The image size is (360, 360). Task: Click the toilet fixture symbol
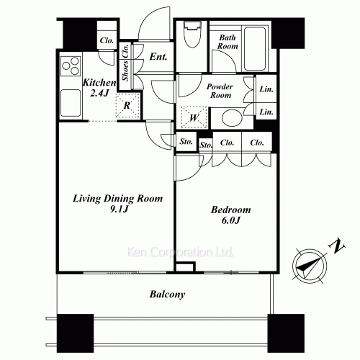(x=192, y=34)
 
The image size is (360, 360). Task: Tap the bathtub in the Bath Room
(x=255, y=48)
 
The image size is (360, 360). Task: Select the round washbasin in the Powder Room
(x=231, y=118)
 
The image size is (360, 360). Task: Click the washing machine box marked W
(x=194, y=117)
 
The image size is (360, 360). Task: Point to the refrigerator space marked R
(x=127, y=105)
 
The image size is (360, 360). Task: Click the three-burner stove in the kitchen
(x=71, y=66)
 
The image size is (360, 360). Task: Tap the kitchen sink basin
(x=71, y=103)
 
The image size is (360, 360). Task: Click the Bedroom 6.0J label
(x=231, y=215)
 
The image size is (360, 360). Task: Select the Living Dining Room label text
(x=117, y=199)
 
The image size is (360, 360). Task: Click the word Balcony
(x=167, y=294)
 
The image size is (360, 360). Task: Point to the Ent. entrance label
(x=158, y=57)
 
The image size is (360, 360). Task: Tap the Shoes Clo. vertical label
(x=125, y=62)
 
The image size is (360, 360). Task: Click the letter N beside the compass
(x=337, y=246)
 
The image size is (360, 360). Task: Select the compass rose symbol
(x=310, y=266)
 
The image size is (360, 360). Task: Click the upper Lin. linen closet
(x=266, y=89)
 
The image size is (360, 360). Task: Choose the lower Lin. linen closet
(x=266, y=112)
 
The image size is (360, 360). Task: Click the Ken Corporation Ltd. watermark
(x=179, y=252)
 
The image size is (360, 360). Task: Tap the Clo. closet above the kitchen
(x=107, y=40)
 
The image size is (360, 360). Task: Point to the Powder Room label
(x=220, y=91)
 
